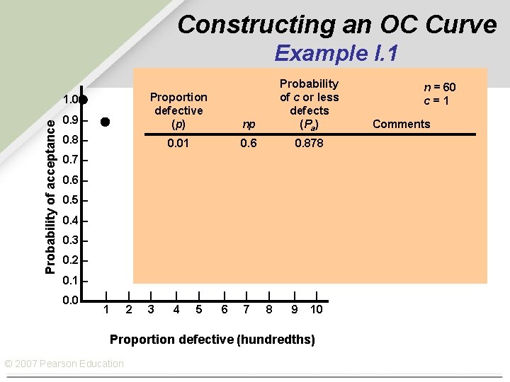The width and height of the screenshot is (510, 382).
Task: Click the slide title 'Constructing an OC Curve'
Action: coord(336,24)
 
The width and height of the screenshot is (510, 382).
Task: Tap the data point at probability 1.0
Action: coord(83,99)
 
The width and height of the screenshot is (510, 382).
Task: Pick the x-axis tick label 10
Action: coord(316,309)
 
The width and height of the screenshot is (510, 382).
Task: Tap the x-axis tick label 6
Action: coord(225,309)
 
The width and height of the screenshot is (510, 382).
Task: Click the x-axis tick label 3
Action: coord(151,309)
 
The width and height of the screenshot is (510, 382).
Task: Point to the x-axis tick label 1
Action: coord(106,309)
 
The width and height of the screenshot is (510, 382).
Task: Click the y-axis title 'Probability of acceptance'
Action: coord(50,195)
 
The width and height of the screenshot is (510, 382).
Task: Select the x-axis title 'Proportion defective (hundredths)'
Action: coord(212,340)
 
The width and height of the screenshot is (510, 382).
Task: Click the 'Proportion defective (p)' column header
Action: coord(178,110)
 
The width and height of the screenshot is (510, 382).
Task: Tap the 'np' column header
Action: coord(249,125)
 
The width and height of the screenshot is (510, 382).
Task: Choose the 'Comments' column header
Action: coord(401,125)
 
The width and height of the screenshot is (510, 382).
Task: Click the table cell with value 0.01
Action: coord(178,143)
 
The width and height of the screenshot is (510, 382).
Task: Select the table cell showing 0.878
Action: coord(309,143)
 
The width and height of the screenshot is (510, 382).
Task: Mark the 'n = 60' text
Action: coord(439,87)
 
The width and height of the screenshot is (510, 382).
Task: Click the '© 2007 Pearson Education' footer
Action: coord(64,364)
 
